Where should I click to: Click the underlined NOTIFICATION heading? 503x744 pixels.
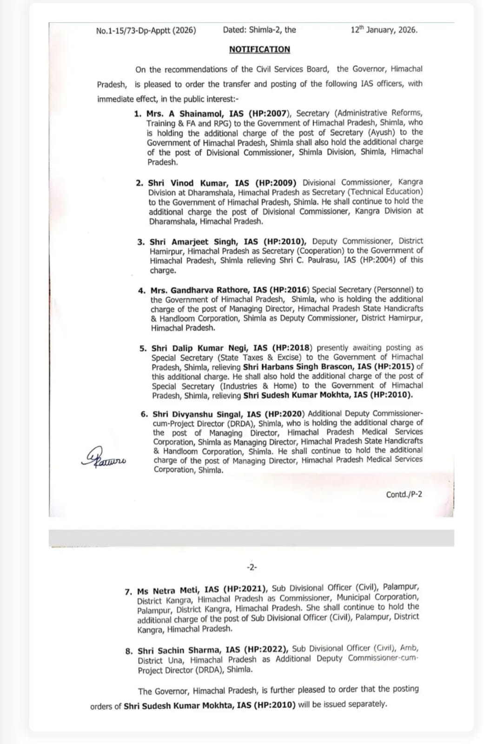click(259, 49)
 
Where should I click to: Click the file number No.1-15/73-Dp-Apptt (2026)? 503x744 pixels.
click(146, 31)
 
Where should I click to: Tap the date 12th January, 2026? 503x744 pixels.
click(384, 30)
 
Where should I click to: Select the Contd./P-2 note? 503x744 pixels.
click(404, 494)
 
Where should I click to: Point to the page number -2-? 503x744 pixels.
click(251, 567)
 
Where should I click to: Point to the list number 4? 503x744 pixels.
click(141, 290)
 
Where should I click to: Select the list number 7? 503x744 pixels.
click(128, 591)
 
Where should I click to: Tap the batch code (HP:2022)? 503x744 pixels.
click(266, 650)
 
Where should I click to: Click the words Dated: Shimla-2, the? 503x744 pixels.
click(259, 30)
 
